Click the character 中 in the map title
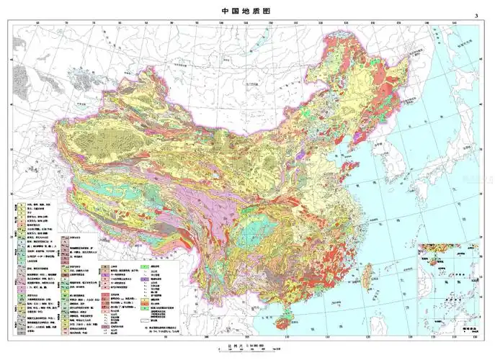coord(226,10)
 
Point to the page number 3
coord(476,16)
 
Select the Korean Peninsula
coord(393,162)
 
